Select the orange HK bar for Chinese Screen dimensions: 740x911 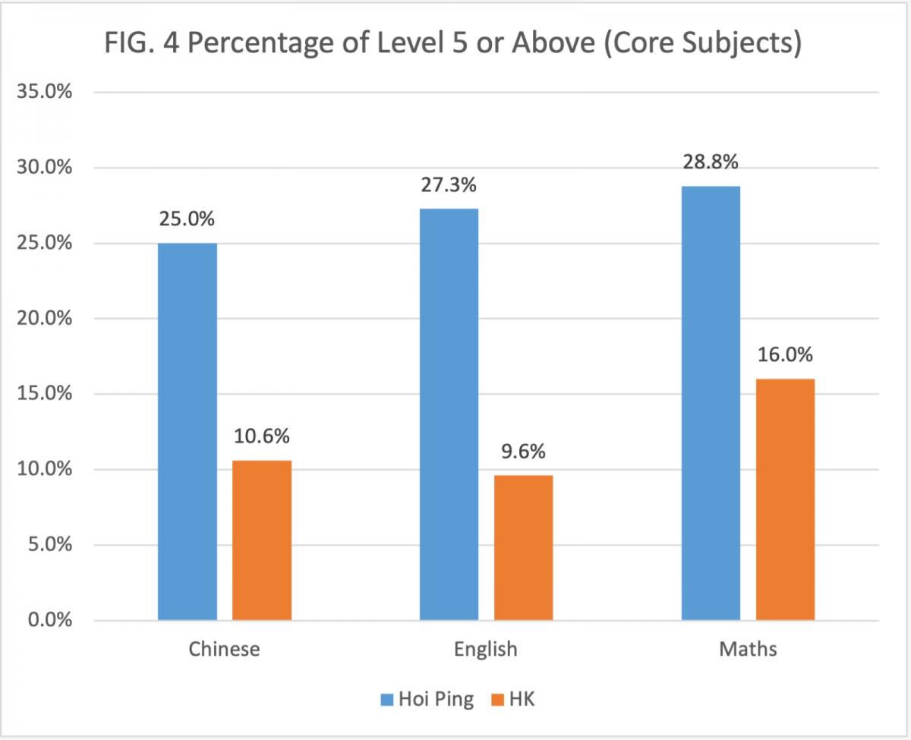pyautogui.click(x=262, y=540)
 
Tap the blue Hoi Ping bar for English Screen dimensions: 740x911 pyautogui.click(x=449, y=414)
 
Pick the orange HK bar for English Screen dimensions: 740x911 pyautogui.click(x=523, y=548)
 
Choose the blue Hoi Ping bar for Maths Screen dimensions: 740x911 pyautogui.click(x=711, y=403)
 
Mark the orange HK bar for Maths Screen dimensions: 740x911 pyautogui.click(x=785, y=499)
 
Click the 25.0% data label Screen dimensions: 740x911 pyautogui.click(x=187, y=219)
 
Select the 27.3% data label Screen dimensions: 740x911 pyautogui.click(x=449, y=184)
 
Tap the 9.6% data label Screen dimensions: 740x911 pyautogui.click(x=523, y=452)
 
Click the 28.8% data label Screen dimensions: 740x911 pyautogui.click(x=711, y=162)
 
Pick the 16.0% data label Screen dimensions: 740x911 pyautogui.click(x=785, y=354)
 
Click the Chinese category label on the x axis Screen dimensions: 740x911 pyautogui.click(x=224, y=650)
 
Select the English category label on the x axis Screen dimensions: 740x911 pyautogui.click(x=486, y=650)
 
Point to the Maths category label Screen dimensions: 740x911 pyautogui.click(x=748, y=650)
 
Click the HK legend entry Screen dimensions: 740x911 pyautogui.click(x=515, y=699)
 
